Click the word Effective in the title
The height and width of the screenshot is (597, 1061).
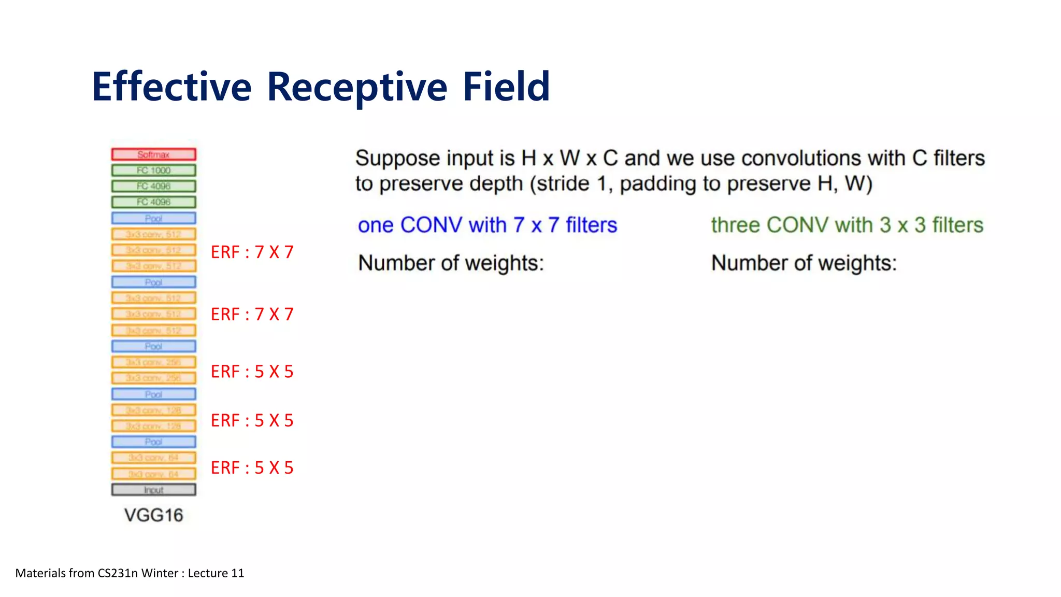point(171,87)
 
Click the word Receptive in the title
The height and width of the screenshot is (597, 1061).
point(357,87)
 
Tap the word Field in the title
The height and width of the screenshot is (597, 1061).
point(506,87)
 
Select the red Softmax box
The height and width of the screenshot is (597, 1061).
point(154,154)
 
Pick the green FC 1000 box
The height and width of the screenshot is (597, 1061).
point(154,170)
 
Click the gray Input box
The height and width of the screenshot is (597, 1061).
point(154,490)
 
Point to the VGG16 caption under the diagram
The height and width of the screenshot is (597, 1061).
point(154,515)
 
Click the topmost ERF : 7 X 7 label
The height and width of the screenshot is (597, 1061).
point(252,252)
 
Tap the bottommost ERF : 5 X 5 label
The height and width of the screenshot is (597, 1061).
point(252,468)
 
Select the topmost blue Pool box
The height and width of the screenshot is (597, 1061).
point(154,218)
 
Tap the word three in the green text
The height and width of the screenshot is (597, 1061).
point(735,225)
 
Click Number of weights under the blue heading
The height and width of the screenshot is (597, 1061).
point(451,263)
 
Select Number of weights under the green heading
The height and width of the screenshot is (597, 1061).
point(804,263)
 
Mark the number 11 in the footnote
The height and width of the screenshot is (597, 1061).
point(238,573)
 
